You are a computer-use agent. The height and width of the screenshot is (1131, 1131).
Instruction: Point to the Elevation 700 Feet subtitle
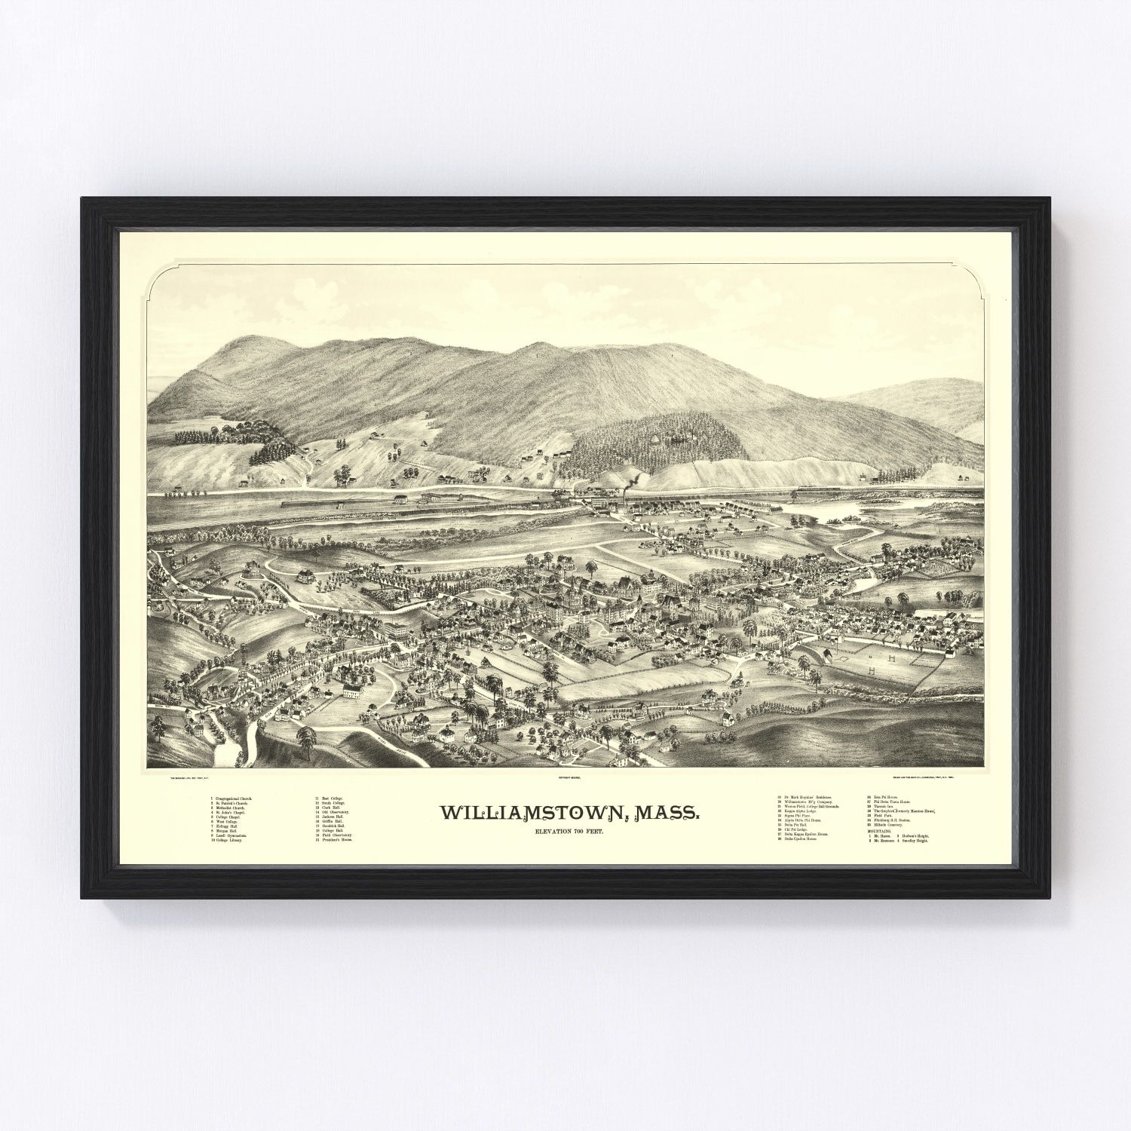[x=573, y=830]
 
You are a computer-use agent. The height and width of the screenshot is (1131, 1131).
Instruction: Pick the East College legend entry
[x=330, y=798]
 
